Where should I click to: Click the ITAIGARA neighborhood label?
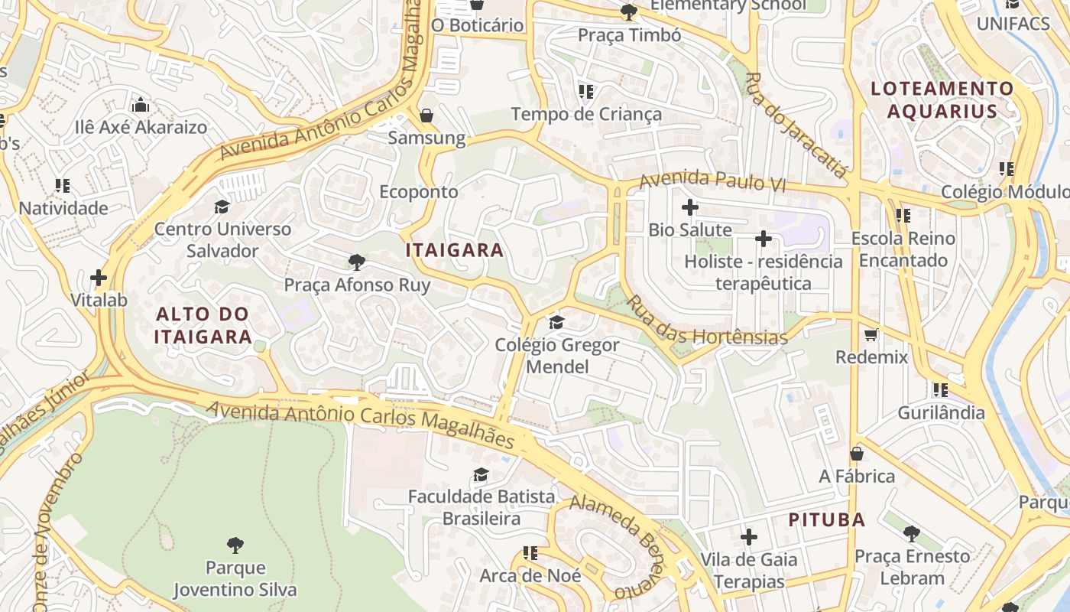[455, 250]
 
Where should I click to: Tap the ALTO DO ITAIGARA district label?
[203, 325]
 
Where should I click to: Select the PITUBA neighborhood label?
[827, 520]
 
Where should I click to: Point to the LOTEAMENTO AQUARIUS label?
[942, 99]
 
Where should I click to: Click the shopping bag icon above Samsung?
[426, 116]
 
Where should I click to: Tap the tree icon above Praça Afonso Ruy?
[356, 262]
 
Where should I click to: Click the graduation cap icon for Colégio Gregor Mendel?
[556, 322]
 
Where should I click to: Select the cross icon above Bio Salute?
[690, 207]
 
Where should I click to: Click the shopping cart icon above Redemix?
[871, 334]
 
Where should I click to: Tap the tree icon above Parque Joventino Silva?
[235, 545]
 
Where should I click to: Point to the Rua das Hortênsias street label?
[707, 321]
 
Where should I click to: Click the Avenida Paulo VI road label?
[712, 181]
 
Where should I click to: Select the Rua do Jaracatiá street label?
[796, 125]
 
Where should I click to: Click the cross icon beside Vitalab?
[99, 278]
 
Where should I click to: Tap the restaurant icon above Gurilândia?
[941, 390]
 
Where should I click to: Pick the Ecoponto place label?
[419, 192]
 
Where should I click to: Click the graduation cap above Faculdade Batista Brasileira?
[481, 475]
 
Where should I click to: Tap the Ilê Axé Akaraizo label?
[141, 127]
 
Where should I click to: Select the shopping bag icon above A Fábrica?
[857, 454]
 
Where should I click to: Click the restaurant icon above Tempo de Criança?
[586, 93]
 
